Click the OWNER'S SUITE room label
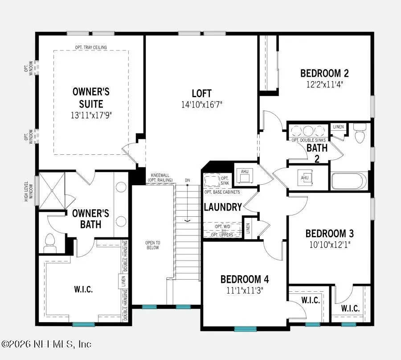pos(91,98)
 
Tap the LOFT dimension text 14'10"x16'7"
pos(201,104)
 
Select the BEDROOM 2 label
pos(324,74)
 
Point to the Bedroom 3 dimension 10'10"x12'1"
pos(329,244)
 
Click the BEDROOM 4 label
pos(245,280)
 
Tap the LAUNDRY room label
pos(223,207)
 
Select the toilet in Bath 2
pos(359,132)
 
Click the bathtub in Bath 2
pos(349,182)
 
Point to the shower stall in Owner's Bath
pos(52,191)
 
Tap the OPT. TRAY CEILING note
pos(91,47)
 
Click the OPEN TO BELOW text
pos(152,245)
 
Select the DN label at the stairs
pos(188,180)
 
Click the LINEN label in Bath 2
pos(338,127)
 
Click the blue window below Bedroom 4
pos(245,329)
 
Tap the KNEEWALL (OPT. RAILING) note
pos(160,178)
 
